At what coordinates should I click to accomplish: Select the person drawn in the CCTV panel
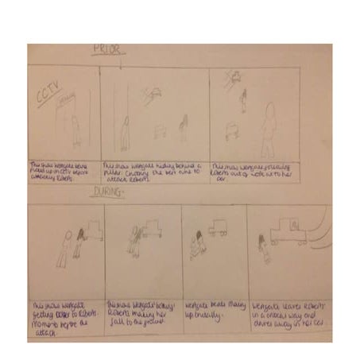pos(76,130)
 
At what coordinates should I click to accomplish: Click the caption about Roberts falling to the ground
pos(143,311)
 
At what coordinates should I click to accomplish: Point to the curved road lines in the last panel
pos(320,230)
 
